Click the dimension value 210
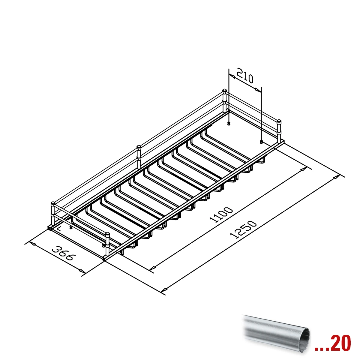point(245,76)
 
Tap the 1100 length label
point(221,215)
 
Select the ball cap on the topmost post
point(225,91)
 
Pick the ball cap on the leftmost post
point(53,203)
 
